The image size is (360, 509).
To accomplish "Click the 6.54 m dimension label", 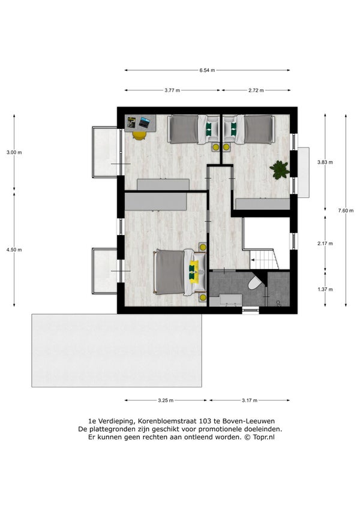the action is [x=207, y=70].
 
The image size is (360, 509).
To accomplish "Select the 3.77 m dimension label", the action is [x=172, y=91].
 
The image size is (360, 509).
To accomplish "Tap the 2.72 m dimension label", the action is [x=256, y=91].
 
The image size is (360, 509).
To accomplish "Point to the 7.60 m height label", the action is [x=346, y=210].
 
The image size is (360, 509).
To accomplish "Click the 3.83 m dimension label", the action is [x=325, y=162].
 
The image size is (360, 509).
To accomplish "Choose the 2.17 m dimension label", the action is [x=325, y=243].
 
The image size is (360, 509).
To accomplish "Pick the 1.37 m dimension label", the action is [x=325, y=289].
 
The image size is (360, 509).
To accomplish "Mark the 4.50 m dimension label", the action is [x=14, y=249].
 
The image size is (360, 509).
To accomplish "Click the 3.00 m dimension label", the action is [x=14, y=152].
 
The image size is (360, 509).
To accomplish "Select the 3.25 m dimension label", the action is [x=166, y=400].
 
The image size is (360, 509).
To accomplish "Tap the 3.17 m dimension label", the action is [x=250, y=400].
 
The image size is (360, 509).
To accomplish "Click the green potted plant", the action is [x=280, y=170].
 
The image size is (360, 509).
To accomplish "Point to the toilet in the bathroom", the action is [x=255, y=283].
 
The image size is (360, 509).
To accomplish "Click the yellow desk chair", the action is [x=139, y=135].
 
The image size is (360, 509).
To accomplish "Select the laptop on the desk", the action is [x=144, y=122].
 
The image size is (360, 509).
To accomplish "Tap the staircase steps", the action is [x=264, y=259].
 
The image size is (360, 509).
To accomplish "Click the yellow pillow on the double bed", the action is [x=194, y=272].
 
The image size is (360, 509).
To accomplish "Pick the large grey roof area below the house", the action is [x=116, y=350].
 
